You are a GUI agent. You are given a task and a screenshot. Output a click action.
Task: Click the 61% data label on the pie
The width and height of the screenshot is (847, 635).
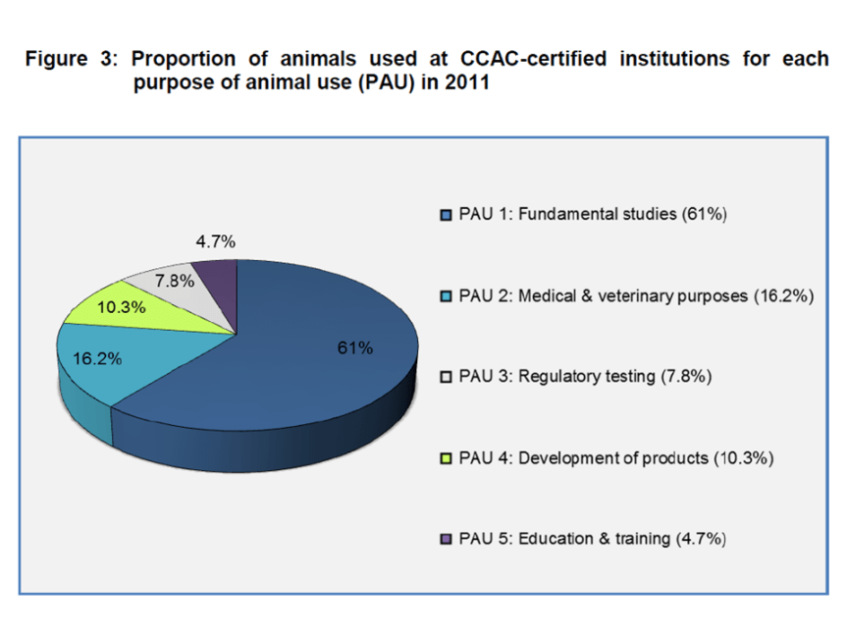(354, 347)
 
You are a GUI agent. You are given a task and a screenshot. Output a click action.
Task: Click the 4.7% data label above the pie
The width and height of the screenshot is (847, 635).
(215, 241)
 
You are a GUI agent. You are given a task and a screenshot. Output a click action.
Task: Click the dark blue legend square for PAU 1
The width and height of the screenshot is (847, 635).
(447, 216)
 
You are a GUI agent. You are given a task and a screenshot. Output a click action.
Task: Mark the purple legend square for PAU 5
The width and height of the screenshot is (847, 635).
(447, 539)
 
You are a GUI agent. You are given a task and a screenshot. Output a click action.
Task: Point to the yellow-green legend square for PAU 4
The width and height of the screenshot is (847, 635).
(447, 458)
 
